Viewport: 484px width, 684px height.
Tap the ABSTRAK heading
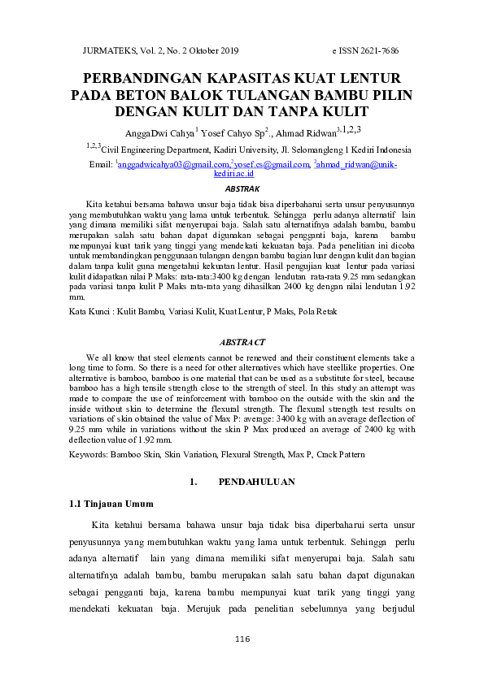coord(242,188)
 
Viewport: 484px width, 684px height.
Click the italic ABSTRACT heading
coord(242,343)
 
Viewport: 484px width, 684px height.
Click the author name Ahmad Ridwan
coord(305,133)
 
